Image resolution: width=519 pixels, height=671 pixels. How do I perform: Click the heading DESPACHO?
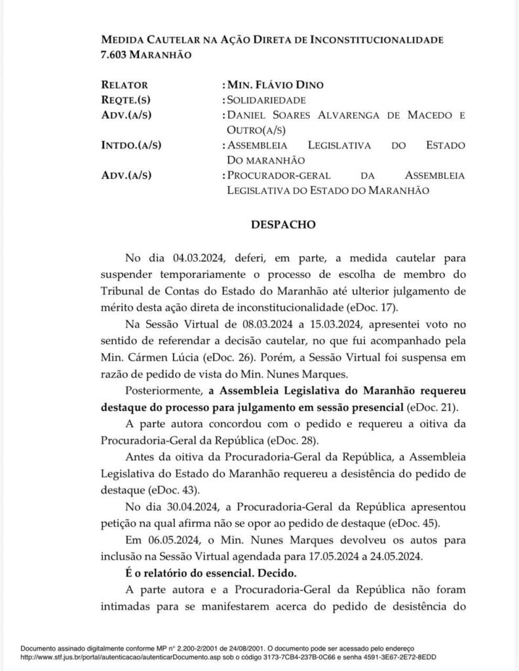(x=284, y=225)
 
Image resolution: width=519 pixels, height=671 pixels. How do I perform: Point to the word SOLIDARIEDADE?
(x=267, y=100)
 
